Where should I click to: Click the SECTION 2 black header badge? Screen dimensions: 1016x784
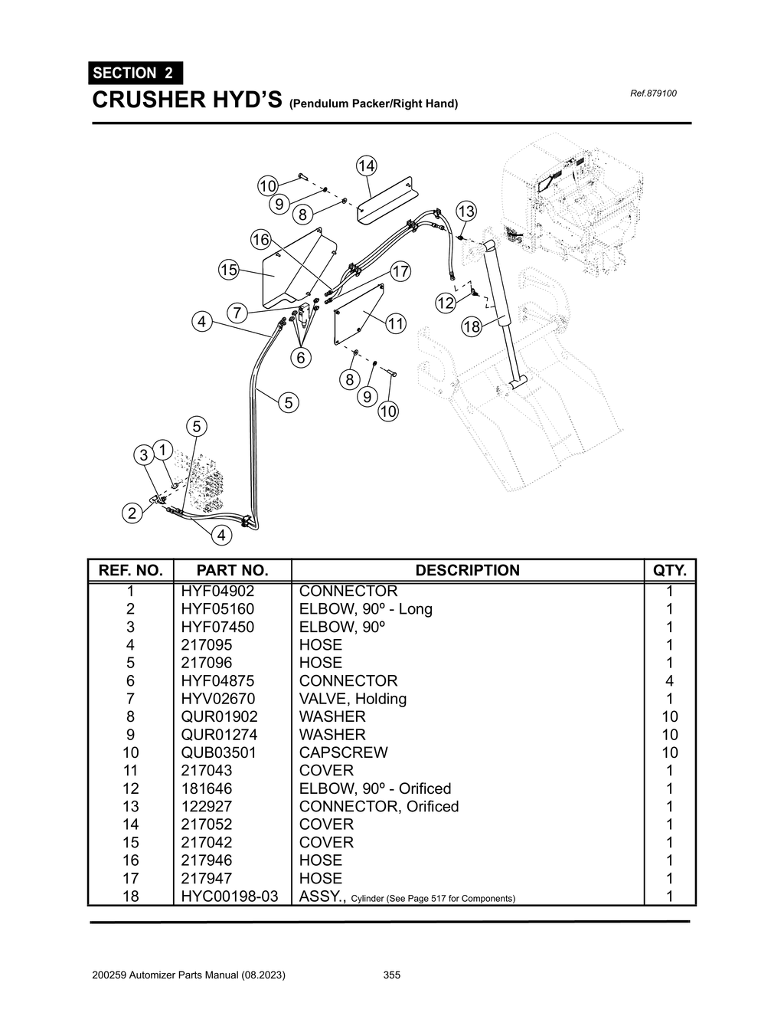coord(135,73)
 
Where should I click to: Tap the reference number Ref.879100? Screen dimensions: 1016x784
coord(652,93)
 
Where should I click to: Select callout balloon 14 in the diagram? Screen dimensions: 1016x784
coord(366,166)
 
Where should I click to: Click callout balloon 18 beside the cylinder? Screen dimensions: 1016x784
coord(471,327)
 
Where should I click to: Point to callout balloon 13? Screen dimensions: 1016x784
coord(465,211)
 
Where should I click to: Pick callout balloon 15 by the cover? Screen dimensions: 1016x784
coord(228,270)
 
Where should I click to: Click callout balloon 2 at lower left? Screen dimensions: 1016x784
coord(132,513)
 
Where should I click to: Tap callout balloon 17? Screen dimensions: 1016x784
coord(400,271)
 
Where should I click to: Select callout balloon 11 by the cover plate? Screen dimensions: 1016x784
coord(395,323)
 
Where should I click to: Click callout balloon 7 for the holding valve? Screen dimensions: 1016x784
coord(237,313)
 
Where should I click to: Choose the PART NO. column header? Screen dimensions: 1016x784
coord(232,570)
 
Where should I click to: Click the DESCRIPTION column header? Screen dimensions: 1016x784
coord(467,570)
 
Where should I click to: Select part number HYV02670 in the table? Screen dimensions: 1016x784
coord(218,699)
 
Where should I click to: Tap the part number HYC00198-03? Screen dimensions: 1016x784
coord(230,896)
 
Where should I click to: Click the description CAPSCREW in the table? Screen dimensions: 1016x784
coord(343,752)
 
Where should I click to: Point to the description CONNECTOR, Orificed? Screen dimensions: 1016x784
coord(378,806)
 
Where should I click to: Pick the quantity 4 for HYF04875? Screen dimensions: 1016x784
coord(669,681)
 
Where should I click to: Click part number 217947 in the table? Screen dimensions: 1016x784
coord(206,878)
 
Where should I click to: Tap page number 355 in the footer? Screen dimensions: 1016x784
coord(391,975)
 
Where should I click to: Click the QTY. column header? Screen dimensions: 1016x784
coord(669,570)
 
